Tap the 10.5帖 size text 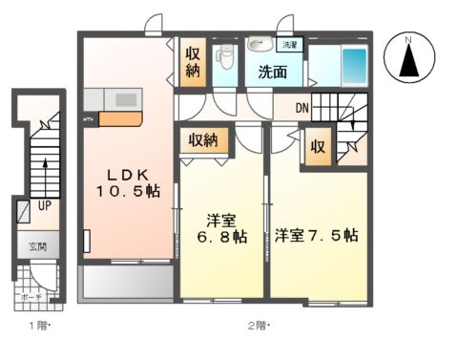127,191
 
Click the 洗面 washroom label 272,73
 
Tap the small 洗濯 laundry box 287,45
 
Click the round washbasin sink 257,44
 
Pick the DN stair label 301,108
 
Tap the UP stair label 45,205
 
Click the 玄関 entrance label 36,246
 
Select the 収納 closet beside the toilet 193,62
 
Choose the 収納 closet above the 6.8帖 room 202,140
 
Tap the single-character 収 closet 317,148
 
